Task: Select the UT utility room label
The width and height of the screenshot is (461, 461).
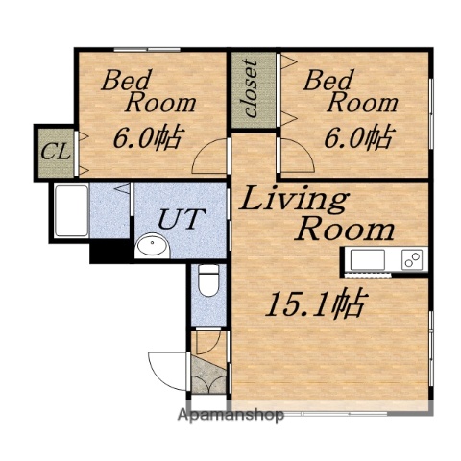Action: (181, 218)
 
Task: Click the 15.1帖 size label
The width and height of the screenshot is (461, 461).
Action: (314, 305)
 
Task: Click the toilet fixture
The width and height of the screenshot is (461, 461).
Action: (206, 282)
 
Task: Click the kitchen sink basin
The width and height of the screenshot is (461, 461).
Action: (367, 259)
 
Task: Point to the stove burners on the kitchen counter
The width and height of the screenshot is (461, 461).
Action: (411, 259)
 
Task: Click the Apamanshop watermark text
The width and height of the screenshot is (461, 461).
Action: (230, 416)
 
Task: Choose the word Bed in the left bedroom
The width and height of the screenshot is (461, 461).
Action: (130, 80)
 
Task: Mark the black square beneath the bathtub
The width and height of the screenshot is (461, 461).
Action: (108, 251)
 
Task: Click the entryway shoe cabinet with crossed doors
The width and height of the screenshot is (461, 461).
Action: (209, 376)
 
